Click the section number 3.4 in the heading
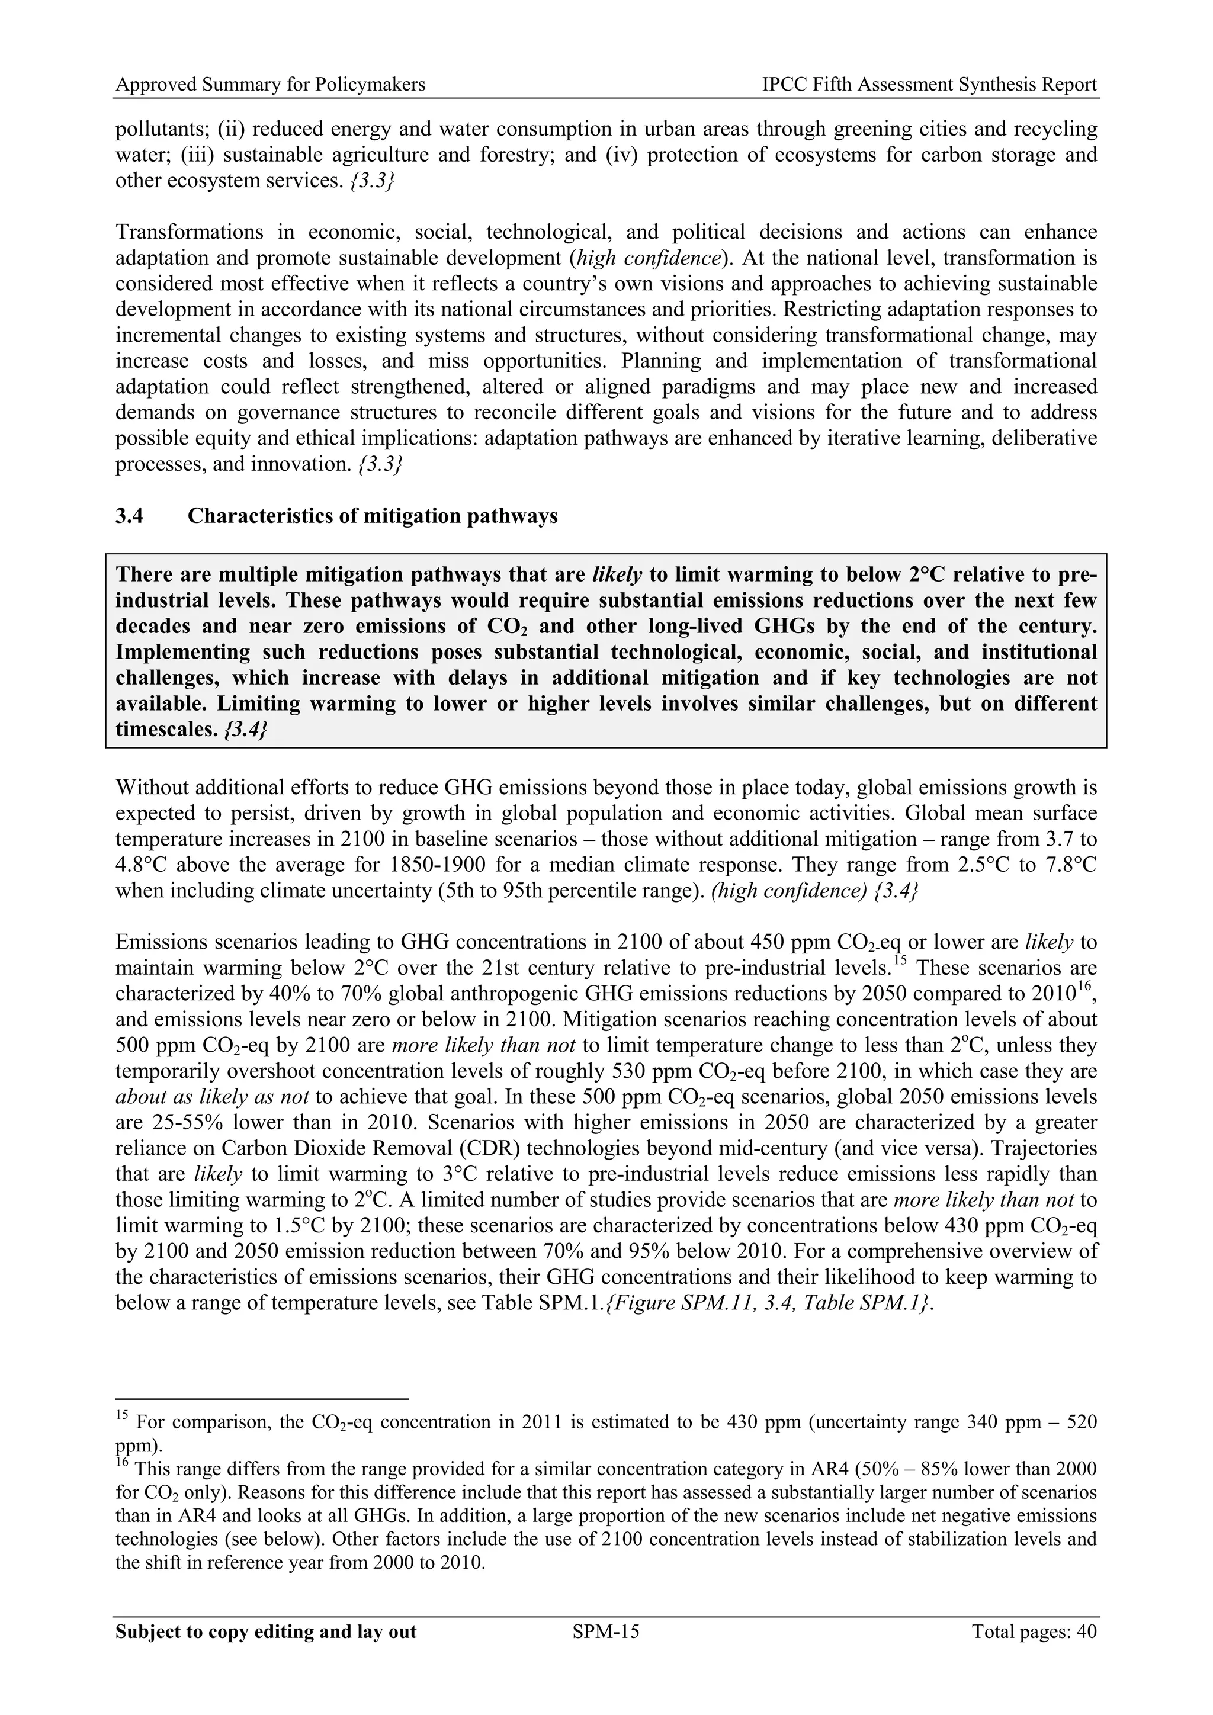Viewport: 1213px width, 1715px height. tap(129, 516)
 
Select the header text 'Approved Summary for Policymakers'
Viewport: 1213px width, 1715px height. tap(271, 85)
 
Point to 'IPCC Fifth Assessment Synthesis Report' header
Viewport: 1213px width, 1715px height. tap(929, 85)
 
